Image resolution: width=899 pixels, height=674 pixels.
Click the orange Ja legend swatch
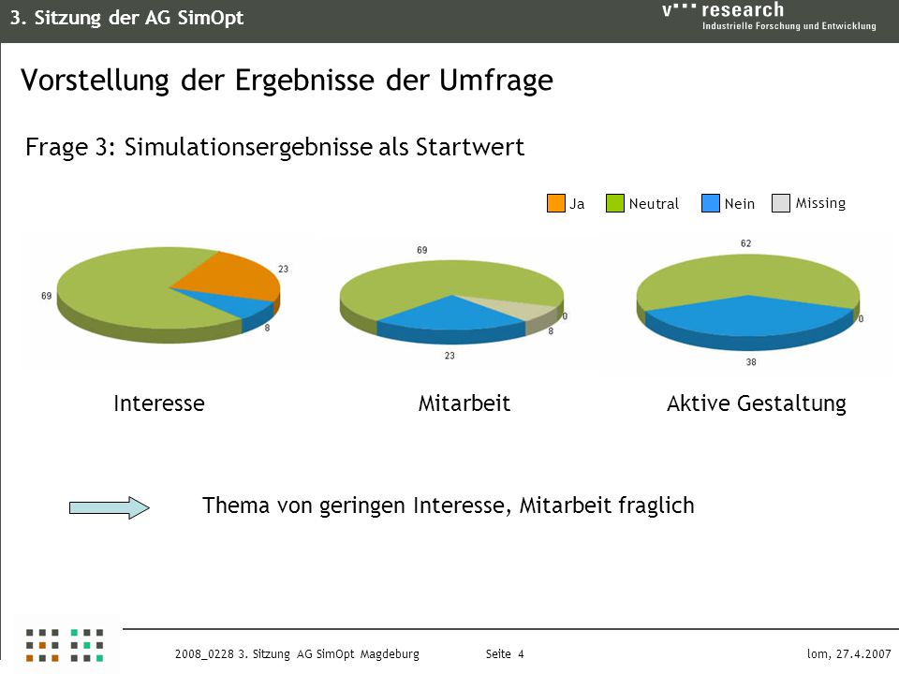(556, 203)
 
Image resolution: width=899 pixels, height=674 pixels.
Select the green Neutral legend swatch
(615, 203)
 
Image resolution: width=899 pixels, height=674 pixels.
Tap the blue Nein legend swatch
(711, 203)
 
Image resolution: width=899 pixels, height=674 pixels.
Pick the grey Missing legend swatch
(781, 203)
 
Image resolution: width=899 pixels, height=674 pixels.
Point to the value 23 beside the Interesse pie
(283, 269)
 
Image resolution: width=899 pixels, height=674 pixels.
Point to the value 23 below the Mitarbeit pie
(449, 356)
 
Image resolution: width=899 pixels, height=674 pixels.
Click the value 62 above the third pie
(746, 243)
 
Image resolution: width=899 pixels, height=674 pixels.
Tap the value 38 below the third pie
(751, 362)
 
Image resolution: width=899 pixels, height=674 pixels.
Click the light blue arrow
(109, 507)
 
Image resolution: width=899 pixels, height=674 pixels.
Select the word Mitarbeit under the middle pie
(464, 403)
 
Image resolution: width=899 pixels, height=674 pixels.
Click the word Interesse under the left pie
(159, 403)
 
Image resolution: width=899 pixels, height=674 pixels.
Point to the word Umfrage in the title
(496, 81)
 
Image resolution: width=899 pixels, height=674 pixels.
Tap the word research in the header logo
(743, 9)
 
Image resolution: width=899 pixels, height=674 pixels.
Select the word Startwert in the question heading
(470, 147)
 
